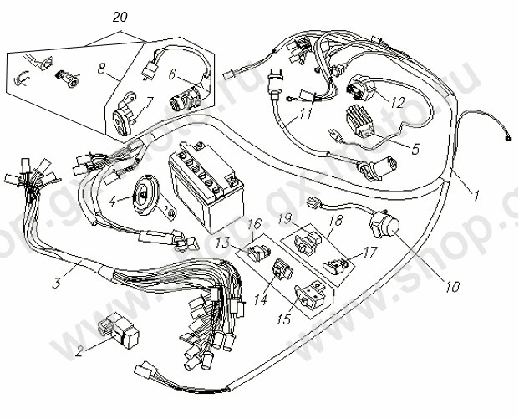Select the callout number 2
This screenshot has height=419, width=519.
click(x=81, y=352)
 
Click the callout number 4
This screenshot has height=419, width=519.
click(x=113, y=201)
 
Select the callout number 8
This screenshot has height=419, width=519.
click(x=102, y=75)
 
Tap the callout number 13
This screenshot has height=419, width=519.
click(x=223, y=243)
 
